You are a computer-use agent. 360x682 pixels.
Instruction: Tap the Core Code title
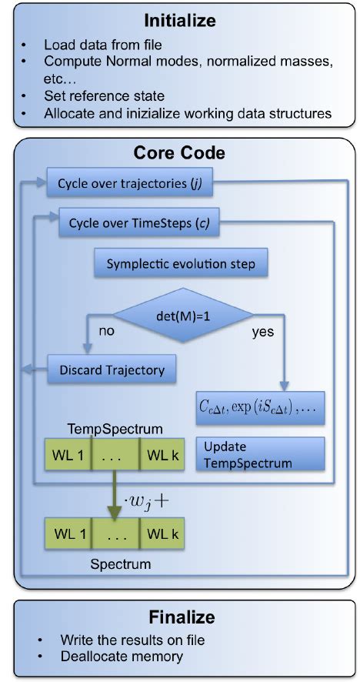[x=179, y=153]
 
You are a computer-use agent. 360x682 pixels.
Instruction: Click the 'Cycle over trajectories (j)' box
[x=135, y=184]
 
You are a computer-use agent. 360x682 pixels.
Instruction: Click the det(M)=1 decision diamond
[x=183, y=314]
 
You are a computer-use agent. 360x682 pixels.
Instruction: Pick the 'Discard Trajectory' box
[x=112, y=369]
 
